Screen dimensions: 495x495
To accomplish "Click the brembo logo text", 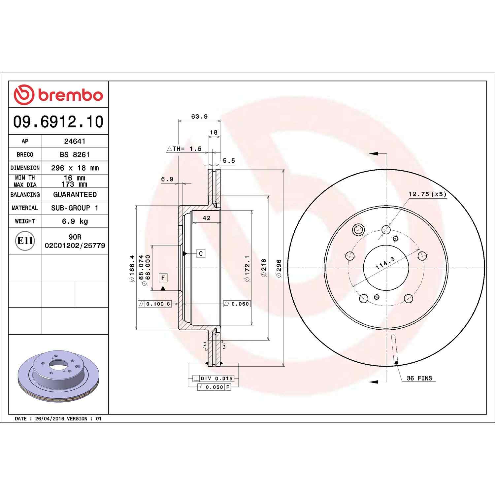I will [70, 95].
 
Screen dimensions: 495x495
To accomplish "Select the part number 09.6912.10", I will [58, 121].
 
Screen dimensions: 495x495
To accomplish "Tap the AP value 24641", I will [75, 141].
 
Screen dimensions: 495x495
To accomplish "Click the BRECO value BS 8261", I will [75, 154].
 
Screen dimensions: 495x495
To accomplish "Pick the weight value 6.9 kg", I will [75, 221].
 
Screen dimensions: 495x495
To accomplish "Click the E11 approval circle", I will [25, 241].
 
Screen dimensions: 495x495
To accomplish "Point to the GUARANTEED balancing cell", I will [75, 194].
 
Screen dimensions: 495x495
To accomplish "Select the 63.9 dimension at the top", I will [199, 116].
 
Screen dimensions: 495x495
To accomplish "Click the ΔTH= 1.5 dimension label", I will [184, 149].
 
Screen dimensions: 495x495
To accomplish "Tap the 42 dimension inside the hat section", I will [207, 218].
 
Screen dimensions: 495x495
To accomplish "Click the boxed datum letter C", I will [201, 253].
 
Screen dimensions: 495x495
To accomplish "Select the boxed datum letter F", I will [163, 278].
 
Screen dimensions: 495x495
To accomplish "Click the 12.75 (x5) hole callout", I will [427, 194].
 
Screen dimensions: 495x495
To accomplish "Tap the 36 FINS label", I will [419, 378].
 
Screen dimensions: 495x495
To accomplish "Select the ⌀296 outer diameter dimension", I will [279, 268].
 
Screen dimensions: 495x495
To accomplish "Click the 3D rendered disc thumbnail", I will [58, 376].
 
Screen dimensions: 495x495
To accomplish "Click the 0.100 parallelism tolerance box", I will [155, 304].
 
